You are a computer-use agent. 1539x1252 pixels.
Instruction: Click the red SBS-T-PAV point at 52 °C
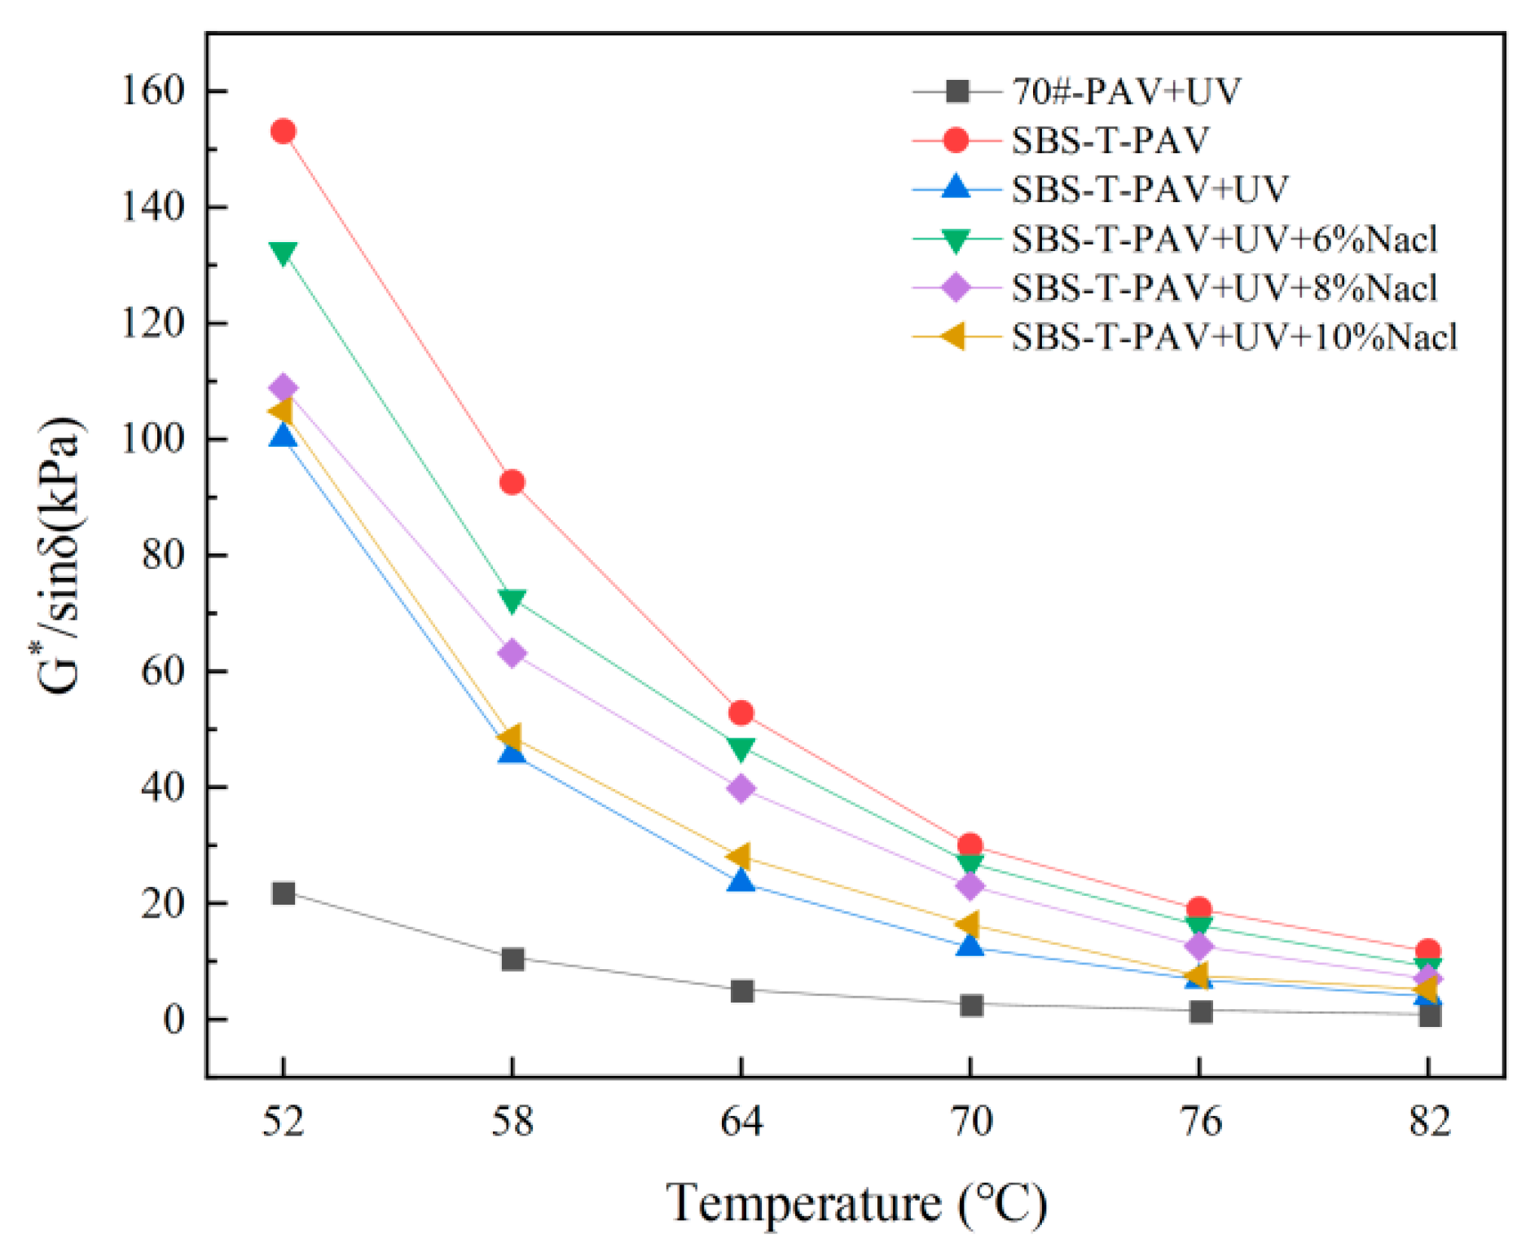[283, 131]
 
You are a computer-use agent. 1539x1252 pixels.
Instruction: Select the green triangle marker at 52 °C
[283, 253]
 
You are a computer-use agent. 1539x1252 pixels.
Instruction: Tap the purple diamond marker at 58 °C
[512, 653]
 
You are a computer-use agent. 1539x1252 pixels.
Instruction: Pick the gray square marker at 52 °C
[283, 893]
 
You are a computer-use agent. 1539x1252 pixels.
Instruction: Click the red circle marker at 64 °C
[741, 713]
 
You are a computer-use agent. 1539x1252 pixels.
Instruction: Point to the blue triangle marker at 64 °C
[741, 880]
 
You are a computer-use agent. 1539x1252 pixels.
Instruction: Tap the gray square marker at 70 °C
[970, 1005]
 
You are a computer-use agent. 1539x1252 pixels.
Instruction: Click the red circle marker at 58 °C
[512, 483]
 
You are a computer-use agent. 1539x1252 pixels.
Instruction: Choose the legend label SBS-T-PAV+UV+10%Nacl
[1233, 337]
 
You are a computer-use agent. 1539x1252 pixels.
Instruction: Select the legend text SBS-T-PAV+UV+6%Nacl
[1224, 239]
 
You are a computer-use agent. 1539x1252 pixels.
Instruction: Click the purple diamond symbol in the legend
[956, 288]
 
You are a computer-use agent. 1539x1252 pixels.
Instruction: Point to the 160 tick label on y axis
[154, 90]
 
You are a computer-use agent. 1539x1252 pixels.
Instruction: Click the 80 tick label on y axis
[163, 555]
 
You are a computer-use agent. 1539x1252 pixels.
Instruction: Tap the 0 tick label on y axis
[174, 1020]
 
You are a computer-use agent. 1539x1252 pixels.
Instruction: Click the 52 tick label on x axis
[283, 1123]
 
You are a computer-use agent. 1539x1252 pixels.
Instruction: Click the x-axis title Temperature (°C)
[855, 1203]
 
